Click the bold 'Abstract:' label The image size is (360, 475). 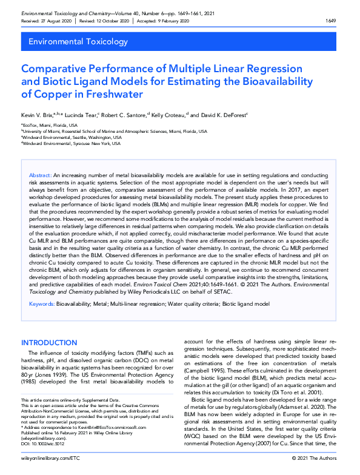[x=40, y=175]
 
